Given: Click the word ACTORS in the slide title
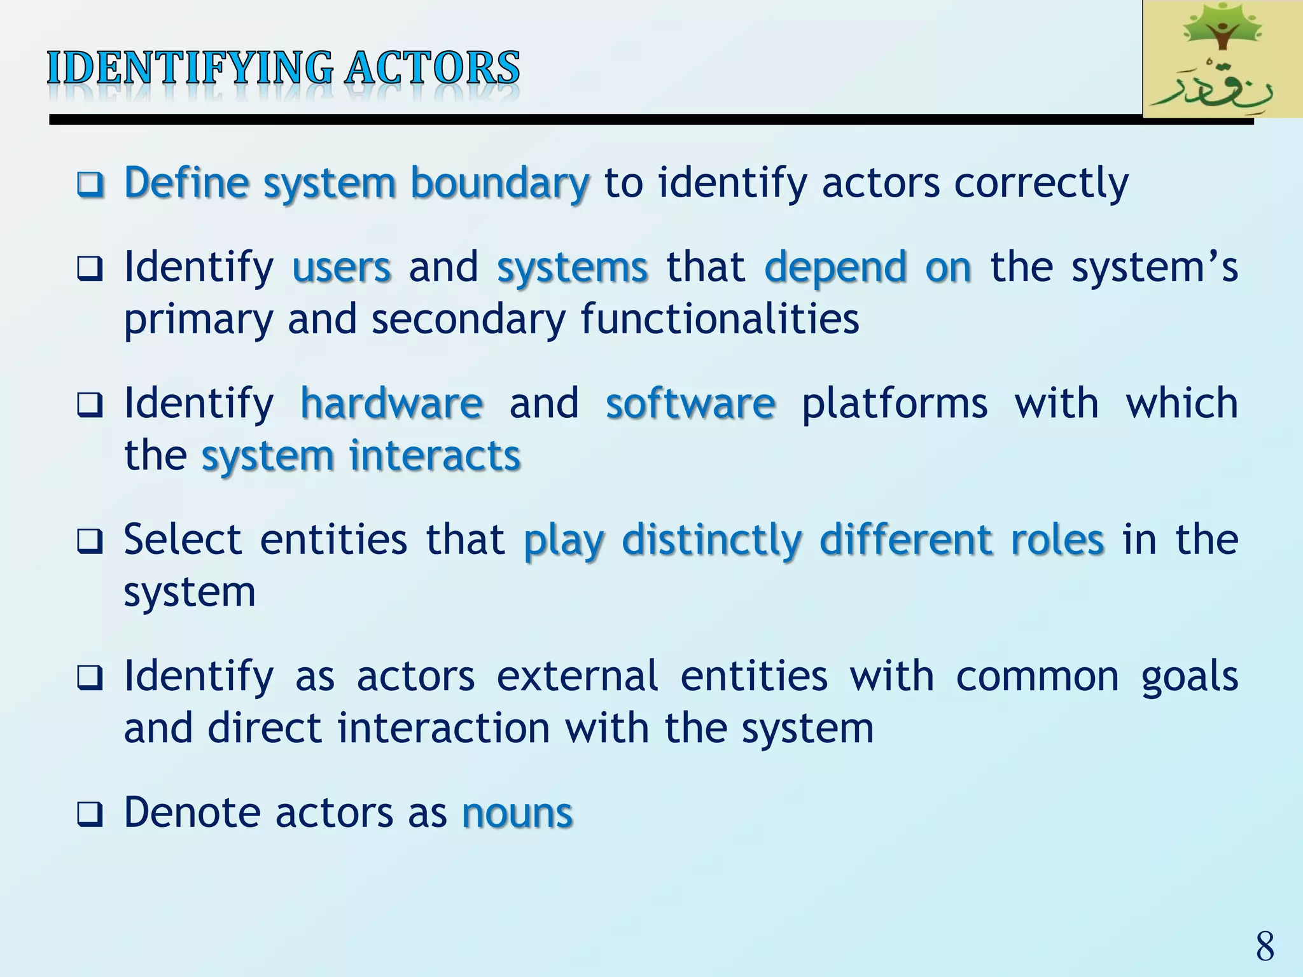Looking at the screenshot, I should point(433,68).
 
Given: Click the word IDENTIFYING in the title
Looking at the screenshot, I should point(190,68).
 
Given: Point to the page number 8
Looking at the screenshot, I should point(1265,946).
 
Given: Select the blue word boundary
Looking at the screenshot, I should point(500,183).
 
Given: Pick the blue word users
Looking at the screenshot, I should point(342,267).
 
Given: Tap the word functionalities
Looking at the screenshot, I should point(720,319).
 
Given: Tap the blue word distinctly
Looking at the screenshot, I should point(712,540).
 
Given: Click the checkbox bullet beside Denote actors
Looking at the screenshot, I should point(90,815).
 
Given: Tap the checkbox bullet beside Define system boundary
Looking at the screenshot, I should point(90,185).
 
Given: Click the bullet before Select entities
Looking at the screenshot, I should point(90,542).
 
